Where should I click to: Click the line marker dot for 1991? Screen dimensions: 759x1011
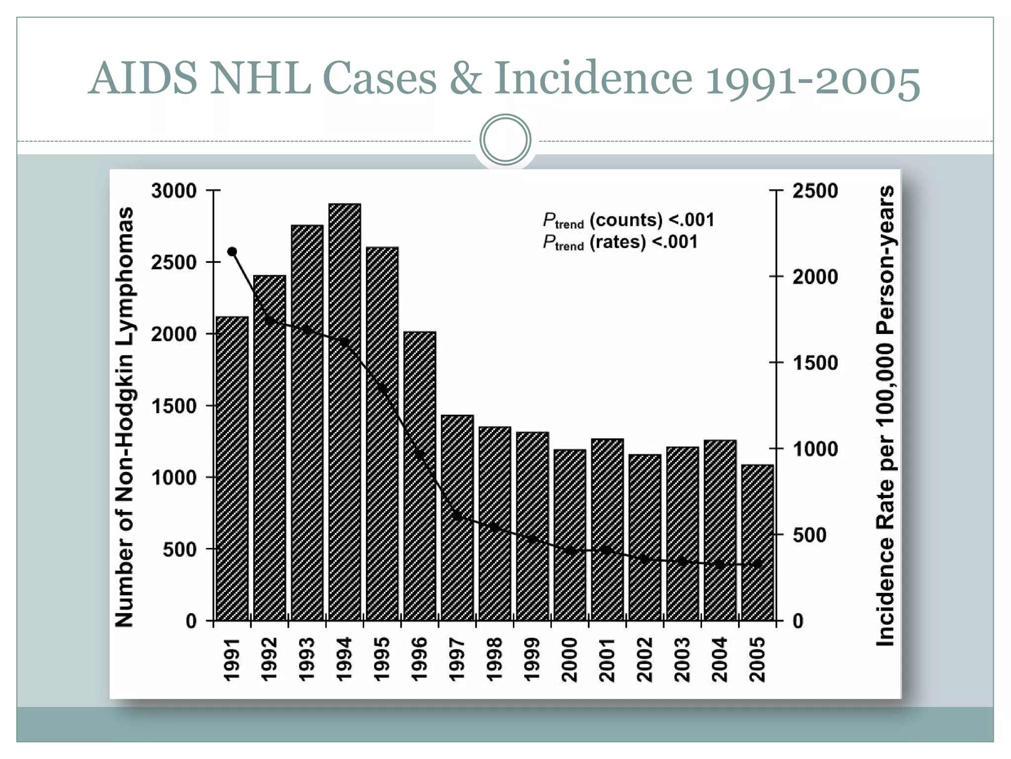[232, 252]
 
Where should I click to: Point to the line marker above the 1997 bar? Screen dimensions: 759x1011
[457, 516]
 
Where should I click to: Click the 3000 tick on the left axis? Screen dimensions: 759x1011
[174, 191]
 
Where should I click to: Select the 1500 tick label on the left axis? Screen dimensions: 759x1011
[174, 406]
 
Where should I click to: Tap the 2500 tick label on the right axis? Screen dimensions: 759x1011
[815, 191]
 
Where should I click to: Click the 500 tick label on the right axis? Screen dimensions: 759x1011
[810, 535]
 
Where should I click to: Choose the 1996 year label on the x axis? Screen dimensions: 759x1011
[420, 659]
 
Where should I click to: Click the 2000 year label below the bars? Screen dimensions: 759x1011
[570, 659]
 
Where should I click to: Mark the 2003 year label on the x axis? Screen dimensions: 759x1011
[682, 659]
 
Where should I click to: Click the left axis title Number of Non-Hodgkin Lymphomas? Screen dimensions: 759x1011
[124, 417]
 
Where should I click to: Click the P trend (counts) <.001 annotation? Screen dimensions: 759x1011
[628, 220]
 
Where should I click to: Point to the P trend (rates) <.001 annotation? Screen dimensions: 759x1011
[620, 243]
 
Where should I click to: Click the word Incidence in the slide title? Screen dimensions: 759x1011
[593, 78]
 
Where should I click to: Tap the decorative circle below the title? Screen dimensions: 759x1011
[505, 140]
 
